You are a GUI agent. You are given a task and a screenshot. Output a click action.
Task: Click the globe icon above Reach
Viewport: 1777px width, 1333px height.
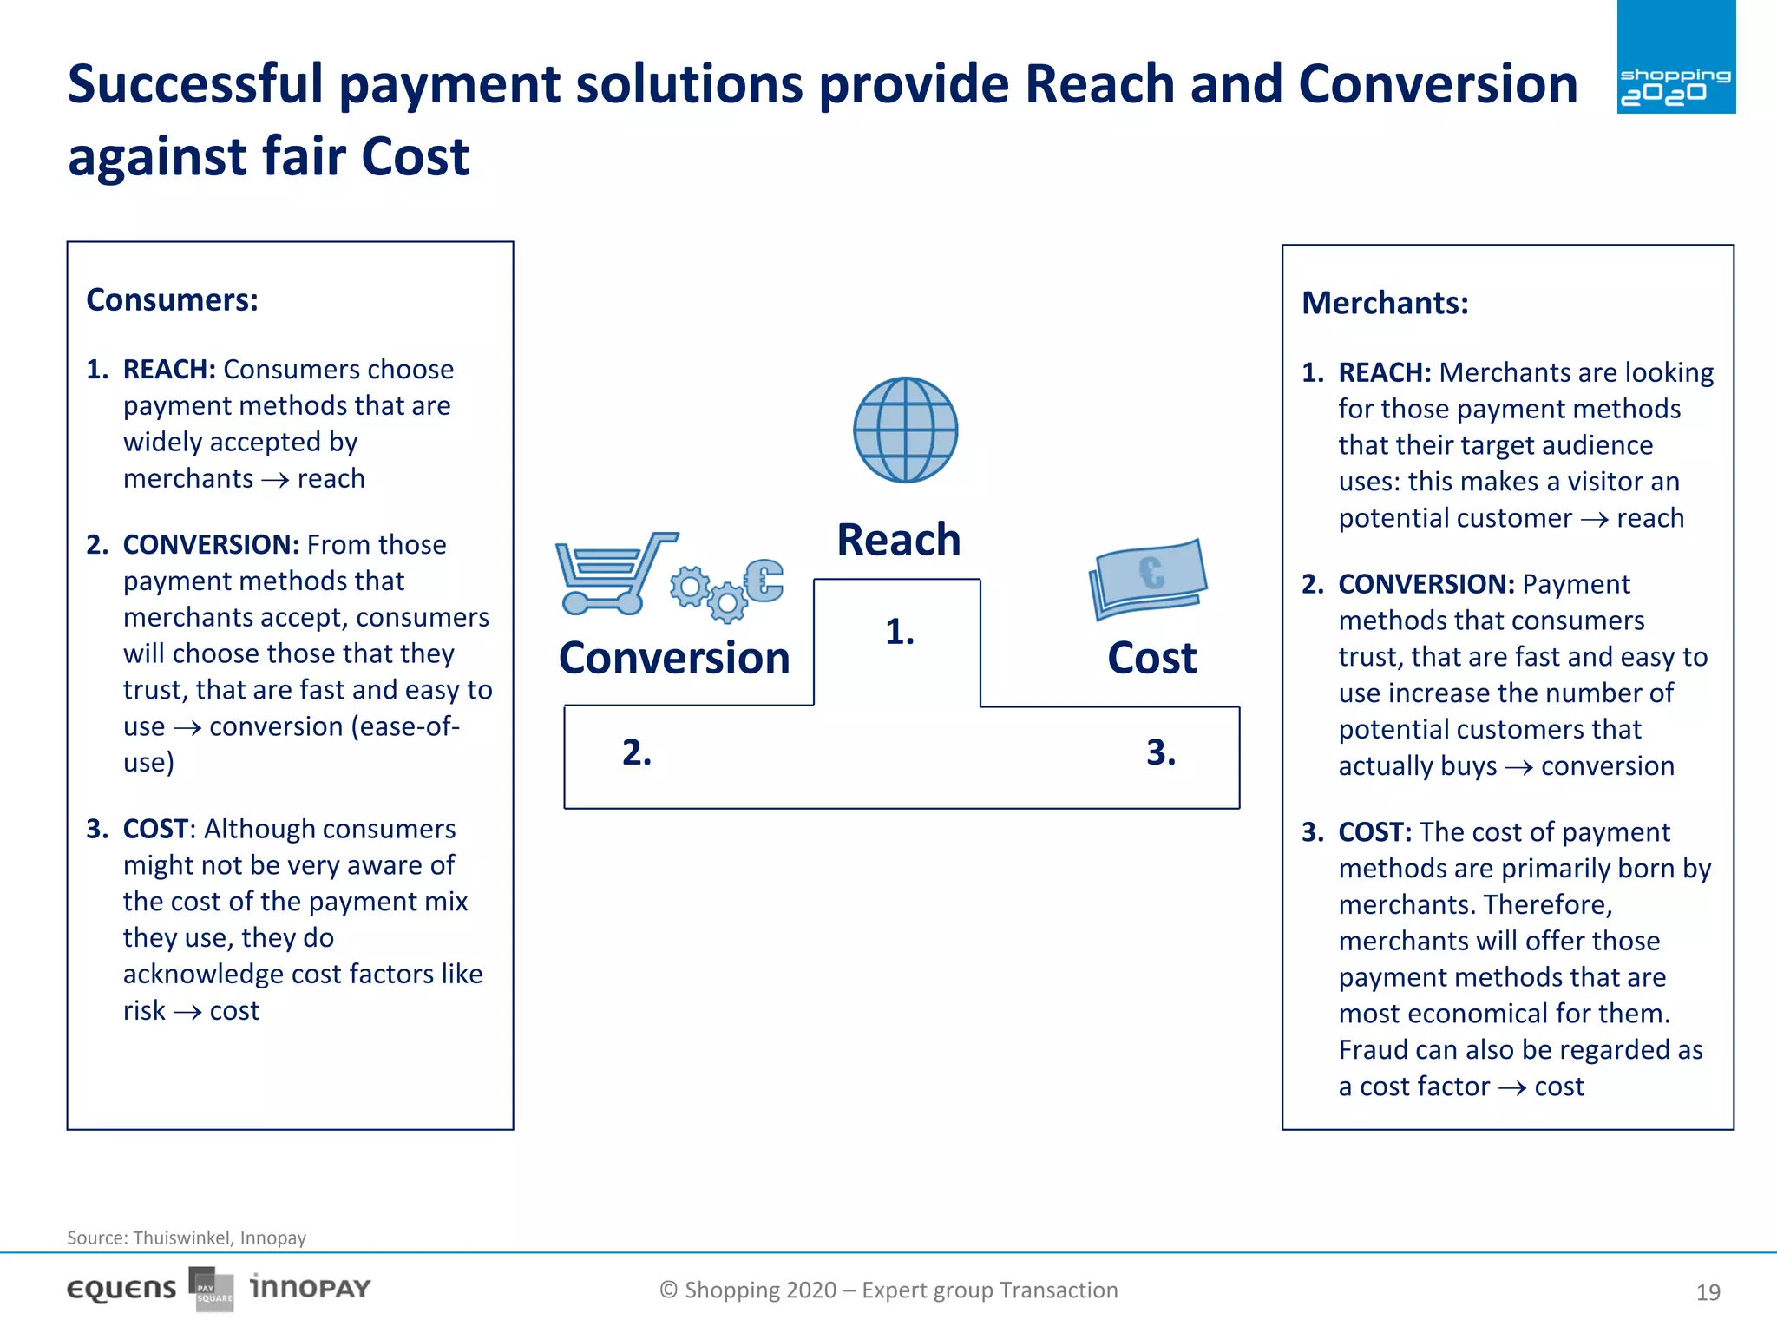pyautogui.click(x=905, y=430)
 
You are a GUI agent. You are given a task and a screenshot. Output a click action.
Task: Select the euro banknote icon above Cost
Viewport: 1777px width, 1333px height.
pyautogui.click(x=1148, y=578)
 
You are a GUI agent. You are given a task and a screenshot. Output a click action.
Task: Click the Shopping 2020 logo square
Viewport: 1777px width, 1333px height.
pyautogui.click(x=1675, y=57)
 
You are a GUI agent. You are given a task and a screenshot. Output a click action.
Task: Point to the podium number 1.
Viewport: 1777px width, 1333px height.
pyautogui.click(x=900, y=633)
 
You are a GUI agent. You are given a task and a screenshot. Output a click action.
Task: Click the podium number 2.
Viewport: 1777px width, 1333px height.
pyautogui.click(x=636, y=752)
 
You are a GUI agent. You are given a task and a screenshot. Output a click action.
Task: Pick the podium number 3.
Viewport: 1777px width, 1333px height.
pyautogui.click(x=1160, y=752)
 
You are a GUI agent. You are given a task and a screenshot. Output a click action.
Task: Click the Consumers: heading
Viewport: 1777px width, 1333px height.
pyautogui.click(x=172, y=300)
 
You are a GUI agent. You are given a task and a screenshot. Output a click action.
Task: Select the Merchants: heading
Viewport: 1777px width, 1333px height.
pyautogui.click(x=1385, y=304)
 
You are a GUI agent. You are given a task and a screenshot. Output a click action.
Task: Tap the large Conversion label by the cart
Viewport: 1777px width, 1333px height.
pyautogui.click(x=674, y=658)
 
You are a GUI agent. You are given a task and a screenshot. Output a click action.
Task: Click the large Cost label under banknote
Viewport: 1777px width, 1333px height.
pyautogui.click(x=1151, y=658)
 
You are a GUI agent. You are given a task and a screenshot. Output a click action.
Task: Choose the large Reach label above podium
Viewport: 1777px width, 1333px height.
pyautogui.click(x=899, y=540)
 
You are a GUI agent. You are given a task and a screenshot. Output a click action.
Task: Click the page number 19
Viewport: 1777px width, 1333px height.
pyautogui.click(x=1708, y=1292)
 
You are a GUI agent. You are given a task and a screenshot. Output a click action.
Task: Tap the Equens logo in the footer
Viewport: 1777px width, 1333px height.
pyautogui.click(x=121, y=1290)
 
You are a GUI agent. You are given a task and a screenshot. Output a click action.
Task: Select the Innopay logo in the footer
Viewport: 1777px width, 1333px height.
pyautogui.click(x=310, y=1288)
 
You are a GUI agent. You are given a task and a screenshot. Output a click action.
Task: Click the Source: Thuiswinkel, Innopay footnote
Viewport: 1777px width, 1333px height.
pyautogui.click(x=187, y=1238)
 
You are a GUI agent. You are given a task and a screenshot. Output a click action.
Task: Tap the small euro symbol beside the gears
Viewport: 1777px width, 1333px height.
pyautogui.click(x=764, y=580)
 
